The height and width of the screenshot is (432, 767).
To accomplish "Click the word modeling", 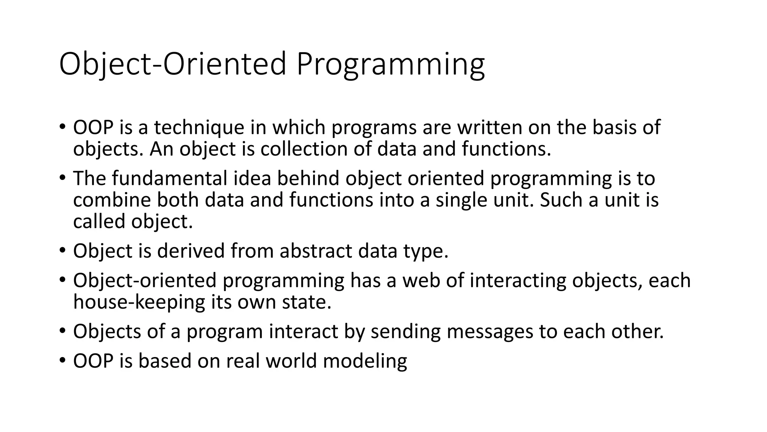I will pos(365,361).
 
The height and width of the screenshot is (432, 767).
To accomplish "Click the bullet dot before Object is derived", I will pos(62,250).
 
